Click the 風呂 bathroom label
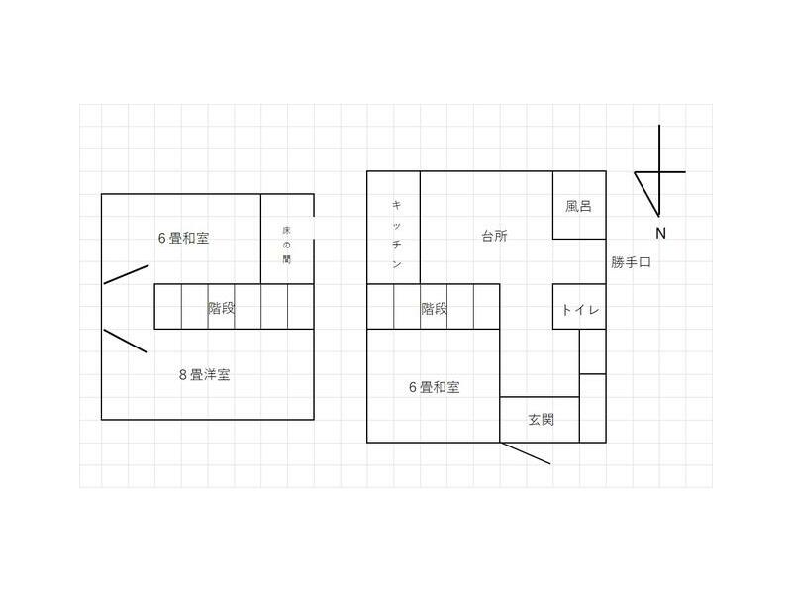click(578, 207)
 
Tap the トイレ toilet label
click(578, 309)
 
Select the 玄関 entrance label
click(540, 419)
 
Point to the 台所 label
click(494, 236)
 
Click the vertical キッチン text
click(396, 235)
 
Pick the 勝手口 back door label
click(631, 262)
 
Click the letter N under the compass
click(659, 234)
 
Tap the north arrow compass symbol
click(659, 172)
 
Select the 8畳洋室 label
click(205, 374)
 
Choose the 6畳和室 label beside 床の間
click(183, 238)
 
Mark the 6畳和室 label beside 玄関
click(434, 387)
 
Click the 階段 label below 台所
click(434, 308)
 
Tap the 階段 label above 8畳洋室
click(221, 308)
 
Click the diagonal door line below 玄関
click(525, 453)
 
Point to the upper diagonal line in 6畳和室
click(126, 273)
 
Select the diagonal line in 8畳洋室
click(125, 341)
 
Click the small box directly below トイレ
click(592, 351)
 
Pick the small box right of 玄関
click(592, 408)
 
